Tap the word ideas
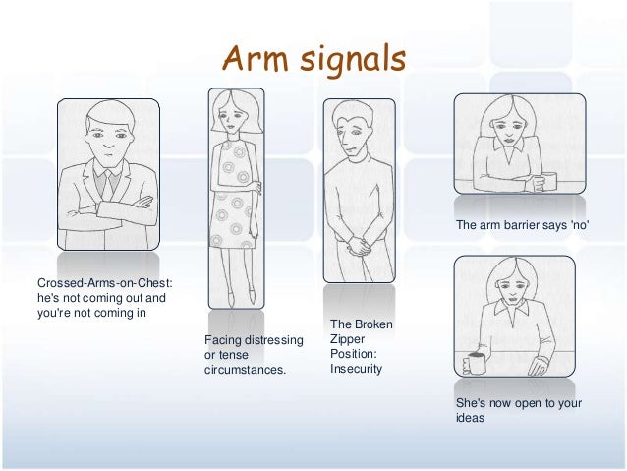pos(472,416)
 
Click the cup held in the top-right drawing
pos(548,180)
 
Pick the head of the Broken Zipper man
pos(352,129)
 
